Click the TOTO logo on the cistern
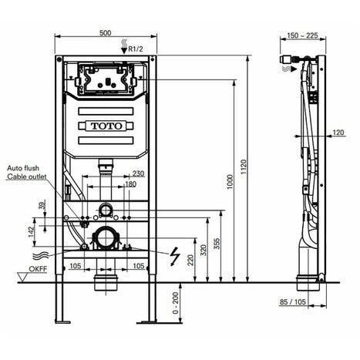coord(107,126)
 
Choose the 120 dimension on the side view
coord(338,133)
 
